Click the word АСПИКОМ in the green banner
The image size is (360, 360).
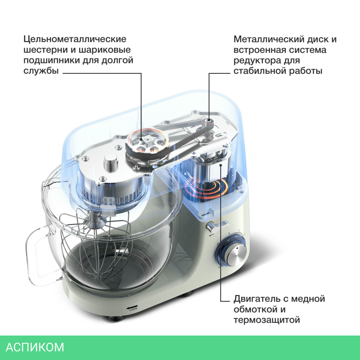pyautogui.click(x=35, y=347)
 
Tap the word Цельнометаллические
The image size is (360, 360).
pyautogui.click(x=75, y=39)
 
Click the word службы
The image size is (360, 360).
pyautogui.click(x=41, y=71)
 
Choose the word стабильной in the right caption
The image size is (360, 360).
pyautogui.click(x=260, y=71)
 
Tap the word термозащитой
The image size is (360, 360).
pyautogui.click(x=267, y=320)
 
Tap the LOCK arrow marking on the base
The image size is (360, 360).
pyautogui.click(x=132, y=308)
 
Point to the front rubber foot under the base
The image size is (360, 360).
pyautogui.click(x=116, y=318)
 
